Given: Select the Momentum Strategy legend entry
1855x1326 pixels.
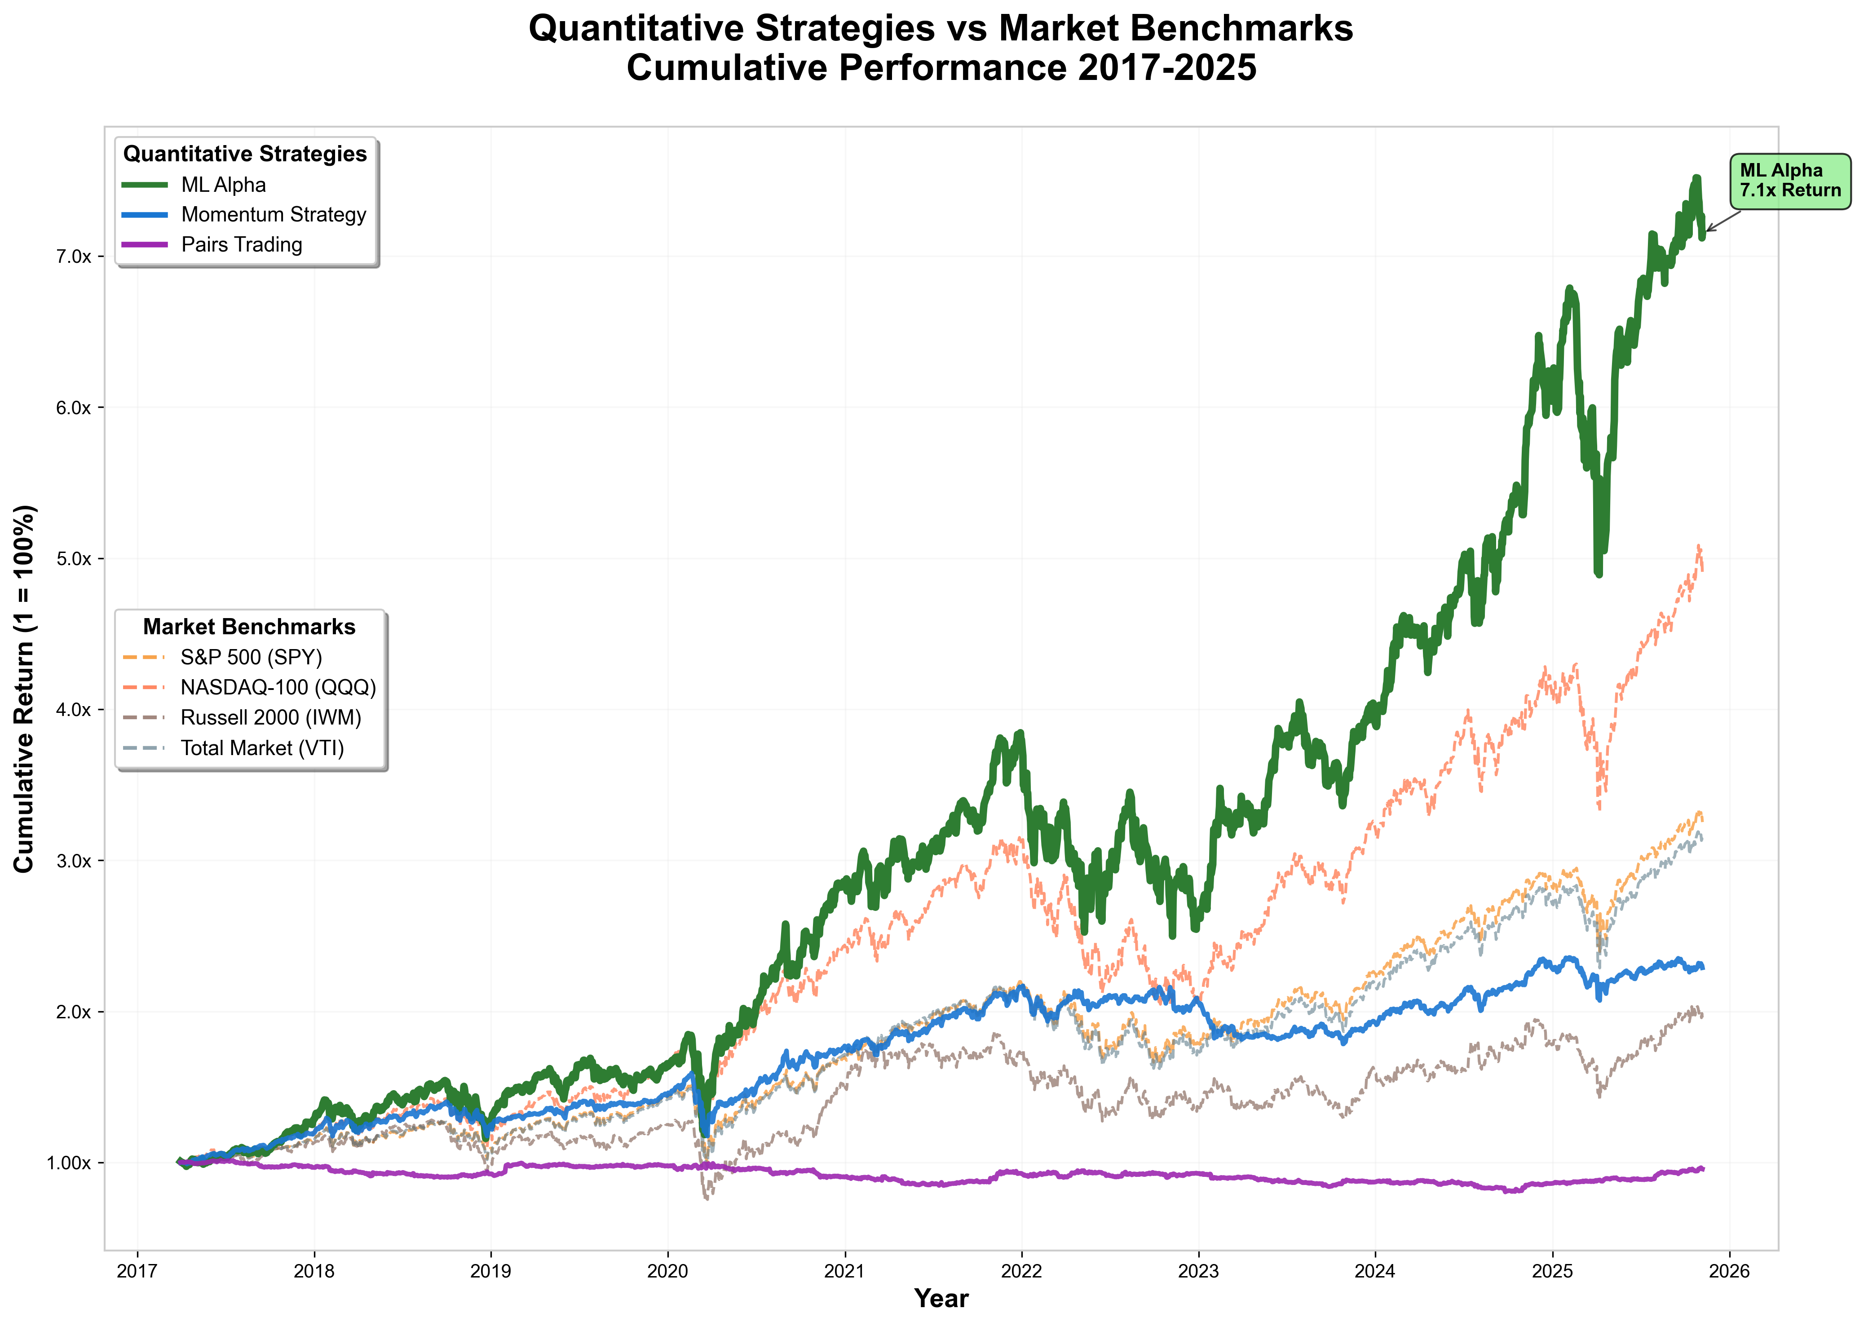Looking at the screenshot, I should (273, 215).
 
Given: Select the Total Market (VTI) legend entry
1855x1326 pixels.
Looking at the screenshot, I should (261, 748).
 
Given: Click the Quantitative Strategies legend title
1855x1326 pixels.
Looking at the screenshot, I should (245, 155).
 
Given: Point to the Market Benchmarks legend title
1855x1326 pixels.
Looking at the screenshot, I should (249, 627).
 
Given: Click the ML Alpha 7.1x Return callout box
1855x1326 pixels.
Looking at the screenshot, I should (1790, 181).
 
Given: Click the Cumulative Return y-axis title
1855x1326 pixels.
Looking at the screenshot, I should (25, 688).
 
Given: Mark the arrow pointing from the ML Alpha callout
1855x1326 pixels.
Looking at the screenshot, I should (1723, 221).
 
